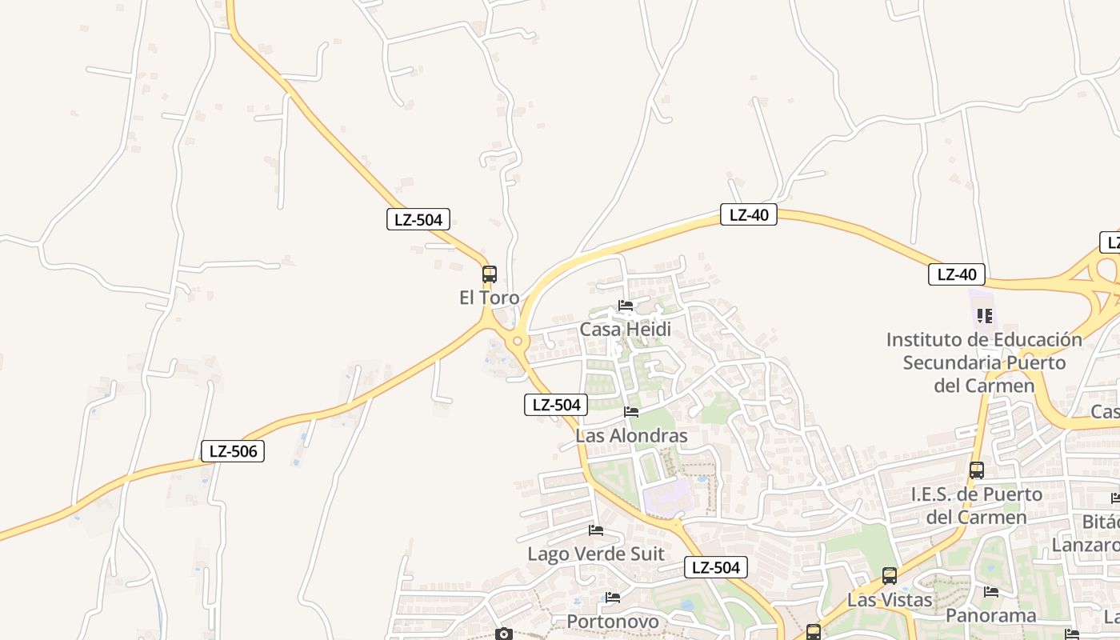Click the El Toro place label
click(x=489, y=298)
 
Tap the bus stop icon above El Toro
click(x=490, y=274)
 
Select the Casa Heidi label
click(x=625, y=330)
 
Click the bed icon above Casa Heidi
click(x=626, y=306)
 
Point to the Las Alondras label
click(x=631, y=436)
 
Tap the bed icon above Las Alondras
click(x=631, y=412)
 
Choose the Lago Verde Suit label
click(x=595, y=554)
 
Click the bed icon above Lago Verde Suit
click(x=596, y=530)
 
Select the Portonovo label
click(x=613, y=621)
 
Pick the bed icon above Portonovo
click(x=613, y=597)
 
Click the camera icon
click(x=503, y=634)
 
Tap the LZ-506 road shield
click(x=233, y=451)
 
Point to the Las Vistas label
click(x=890, y=600)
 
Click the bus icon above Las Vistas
click(x=890, y=576)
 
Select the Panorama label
click(x=990, y=615)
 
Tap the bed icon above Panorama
click(x=991, y=592)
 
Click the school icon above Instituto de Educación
click(x=985, y=316)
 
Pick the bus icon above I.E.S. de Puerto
click(x=976, y=470)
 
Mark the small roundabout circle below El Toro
click(x=518, y=342)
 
